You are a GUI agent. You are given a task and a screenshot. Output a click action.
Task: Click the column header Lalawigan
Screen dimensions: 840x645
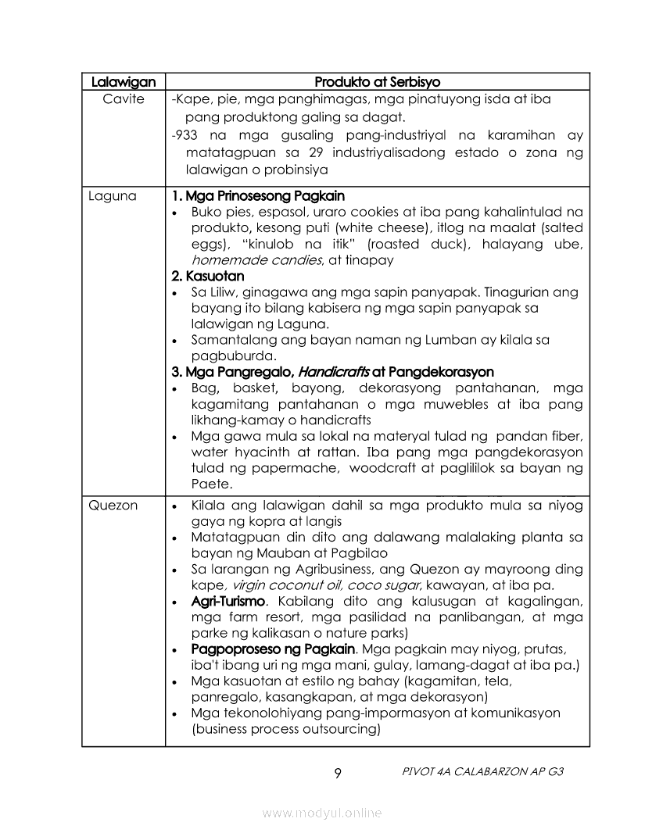[124, 81]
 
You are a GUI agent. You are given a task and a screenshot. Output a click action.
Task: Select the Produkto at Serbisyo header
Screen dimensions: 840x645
[377, 81]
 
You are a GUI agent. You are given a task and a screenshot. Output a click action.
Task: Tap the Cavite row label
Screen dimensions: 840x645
[124, 99]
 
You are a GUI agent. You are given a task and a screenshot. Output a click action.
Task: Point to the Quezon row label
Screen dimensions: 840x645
[113, 506]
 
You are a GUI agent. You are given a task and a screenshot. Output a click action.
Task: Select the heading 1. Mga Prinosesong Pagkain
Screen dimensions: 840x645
[258, 196]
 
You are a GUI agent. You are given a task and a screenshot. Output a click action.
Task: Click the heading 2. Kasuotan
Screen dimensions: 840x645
[208, 276]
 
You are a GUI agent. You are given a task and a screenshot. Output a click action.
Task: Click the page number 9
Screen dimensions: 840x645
[337, 774]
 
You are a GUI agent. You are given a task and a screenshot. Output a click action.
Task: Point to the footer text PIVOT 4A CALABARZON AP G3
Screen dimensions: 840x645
[482, 771]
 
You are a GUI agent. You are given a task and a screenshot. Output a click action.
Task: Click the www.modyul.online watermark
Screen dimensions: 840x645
[322, 813]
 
